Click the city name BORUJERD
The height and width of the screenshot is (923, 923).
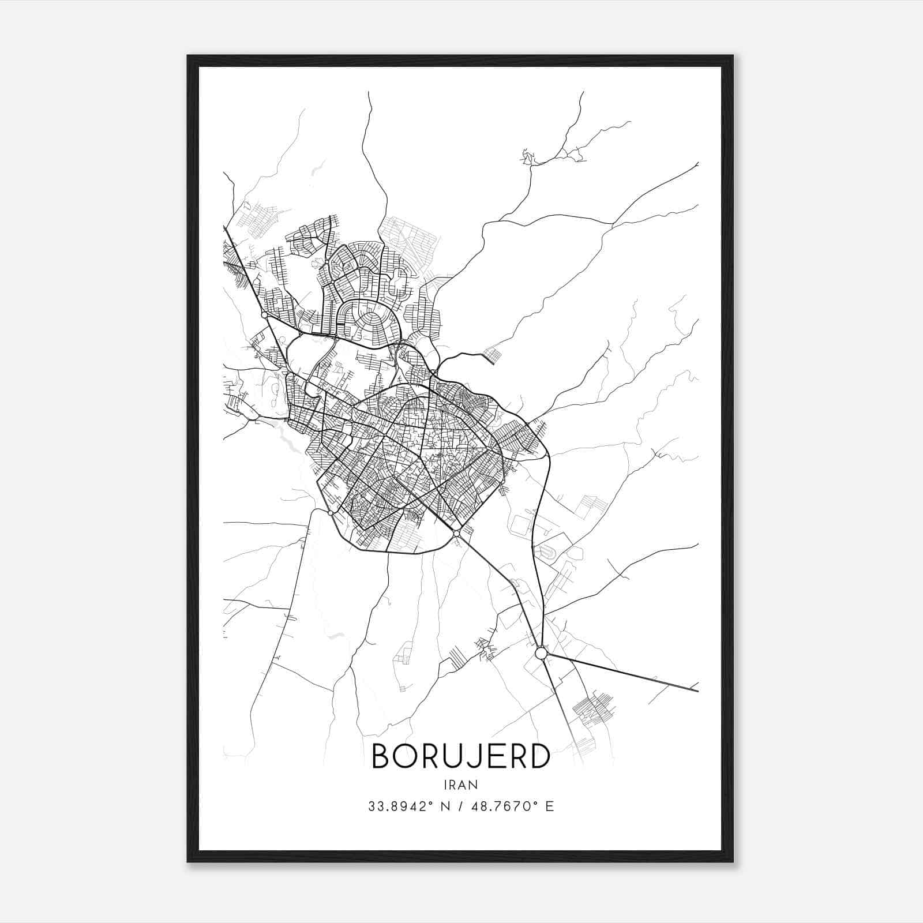point(461,756)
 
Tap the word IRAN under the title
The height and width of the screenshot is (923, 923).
point(461,785)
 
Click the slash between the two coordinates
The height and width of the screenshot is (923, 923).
point(459,806)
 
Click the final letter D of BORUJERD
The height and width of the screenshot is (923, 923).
point(540,756)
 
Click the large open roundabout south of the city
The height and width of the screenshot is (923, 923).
point(541,653)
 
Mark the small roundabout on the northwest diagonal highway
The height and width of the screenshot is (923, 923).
point(264,315)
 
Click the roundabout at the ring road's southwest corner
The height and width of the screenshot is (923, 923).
point(330,512)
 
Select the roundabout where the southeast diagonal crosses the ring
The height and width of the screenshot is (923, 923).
point(456,534)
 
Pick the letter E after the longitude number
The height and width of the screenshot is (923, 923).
point(550,806)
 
